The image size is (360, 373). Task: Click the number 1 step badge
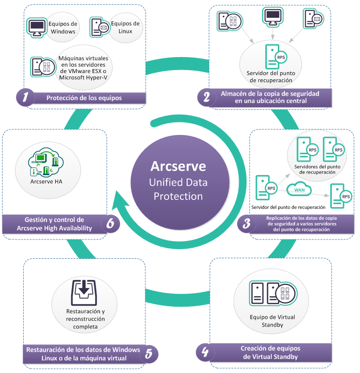pos(25,98)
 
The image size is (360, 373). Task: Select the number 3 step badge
pos(247,224)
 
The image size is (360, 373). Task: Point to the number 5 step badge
pos(149,354)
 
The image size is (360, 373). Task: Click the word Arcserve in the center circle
pos(178,166)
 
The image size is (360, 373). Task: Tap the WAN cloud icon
pos(299,189)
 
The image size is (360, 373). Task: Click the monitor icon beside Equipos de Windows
pos(36,28)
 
